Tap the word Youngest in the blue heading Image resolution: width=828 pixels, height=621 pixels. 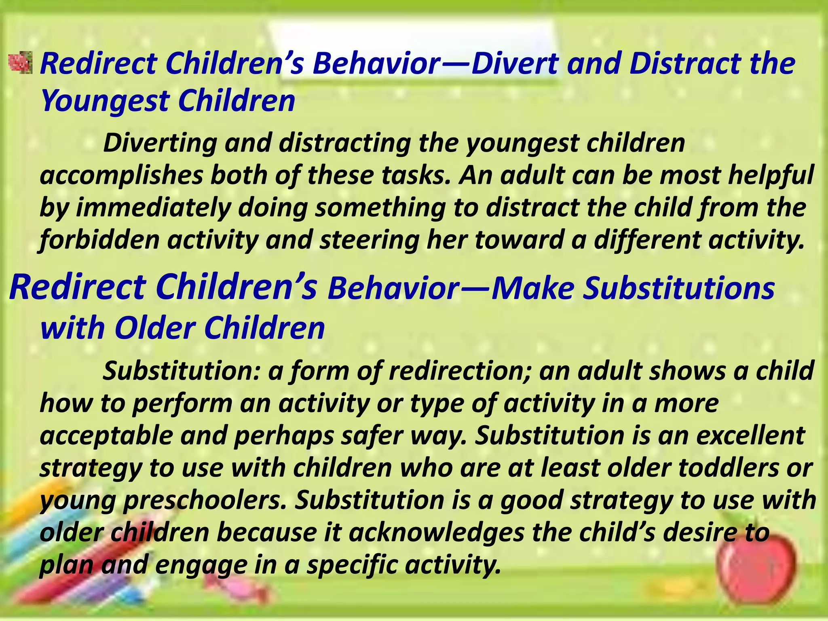point(105,101)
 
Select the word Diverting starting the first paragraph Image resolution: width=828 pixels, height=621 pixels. point(160,143)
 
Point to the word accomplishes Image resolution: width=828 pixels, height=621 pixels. point(121,175)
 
